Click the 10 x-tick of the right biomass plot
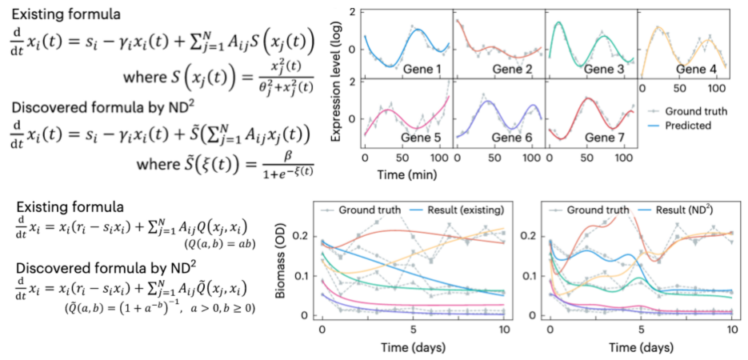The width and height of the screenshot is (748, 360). coord(731,330)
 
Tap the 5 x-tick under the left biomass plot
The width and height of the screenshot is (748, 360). coord(412,330)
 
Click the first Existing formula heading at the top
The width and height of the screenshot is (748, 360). coord(57,14)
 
